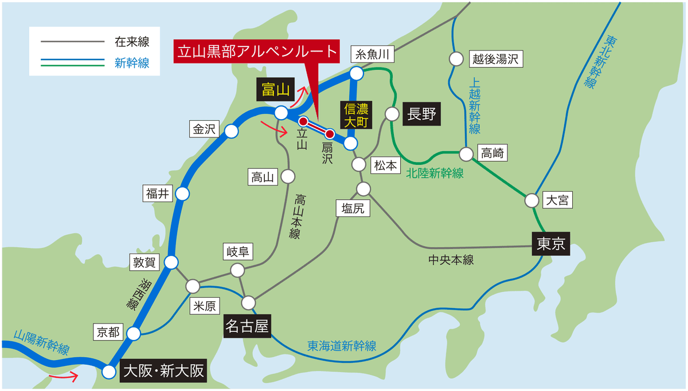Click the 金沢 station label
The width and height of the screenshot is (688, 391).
204,129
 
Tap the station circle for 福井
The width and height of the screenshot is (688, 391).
182,194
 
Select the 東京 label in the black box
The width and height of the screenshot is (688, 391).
551,244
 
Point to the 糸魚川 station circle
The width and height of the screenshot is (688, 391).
357,73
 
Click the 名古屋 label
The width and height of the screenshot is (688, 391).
248,326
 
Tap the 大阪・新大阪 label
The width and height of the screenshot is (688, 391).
164,372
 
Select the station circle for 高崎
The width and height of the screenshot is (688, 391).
467,154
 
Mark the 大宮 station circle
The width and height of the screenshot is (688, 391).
532,200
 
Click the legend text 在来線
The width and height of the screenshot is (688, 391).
132,42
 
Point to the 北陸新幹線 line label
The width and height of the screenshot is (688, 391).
435,173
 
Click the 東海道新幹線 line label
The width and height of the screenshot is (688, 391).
341,346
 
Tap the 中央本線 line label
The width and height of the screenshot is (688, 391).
451,260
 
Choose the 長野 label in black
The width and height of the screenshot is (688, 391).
421,114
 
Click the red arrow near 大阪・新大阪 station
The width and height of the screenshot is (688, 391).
64,376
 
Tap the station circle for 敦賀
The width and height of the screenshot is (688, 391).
171,263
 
